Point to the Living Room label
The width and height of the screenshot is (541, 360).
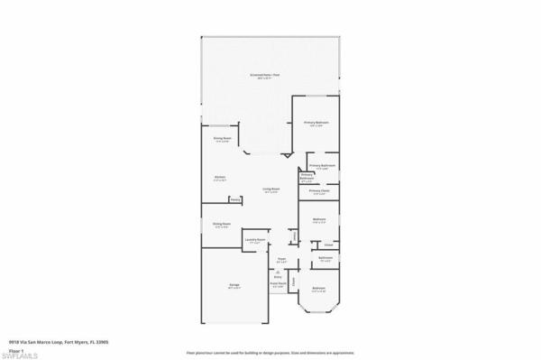tap(270, 189)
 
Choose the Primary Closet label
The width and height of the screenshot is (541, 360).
tap(320, 190)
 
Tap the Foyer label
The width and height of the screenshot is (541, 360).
tap(282, 260)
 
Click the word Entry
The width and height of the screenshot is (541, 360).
tap(278, 277)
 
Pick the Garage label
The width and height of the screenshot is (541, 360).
tap(234, 285)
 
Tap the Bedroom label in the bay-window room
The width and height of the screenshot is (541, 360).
tap(318, 288)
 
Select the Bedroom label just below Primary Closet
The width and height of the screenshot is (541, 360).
tap(319, 218)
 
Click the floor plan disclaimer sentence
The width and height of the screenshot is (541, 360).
tap(270, 353)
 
